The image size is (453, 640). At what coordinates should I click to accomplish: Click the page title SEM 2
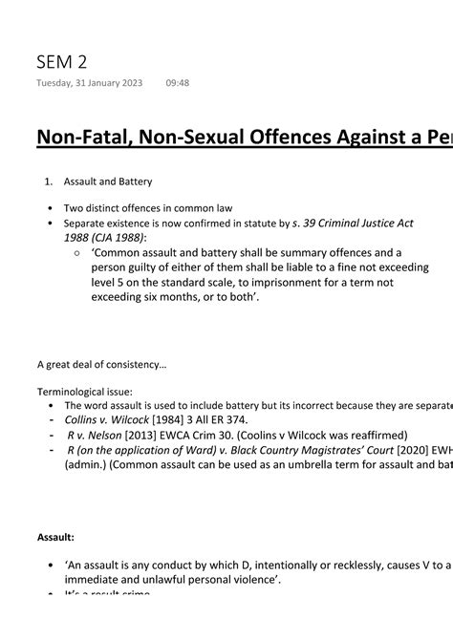pyautogui.click(x=61, y=63)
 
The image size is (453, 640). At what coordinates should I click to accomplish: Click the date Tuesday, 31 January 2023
pyautogui.click(x=90, y=83)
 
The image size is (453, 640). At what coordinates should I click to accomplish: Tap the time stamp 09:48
pyautogui.click(x=177, y=83)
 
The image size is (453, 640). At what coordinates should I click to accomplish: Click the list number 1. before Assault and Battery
pyautogui.click(x=51, y=181)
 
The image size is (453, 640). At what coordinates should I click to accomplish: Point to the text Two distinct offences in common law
pyautogui.click(x=148, y=208)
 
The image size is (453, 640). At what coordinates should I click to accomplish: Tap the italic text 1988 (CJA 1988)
pyautogui.click(x=105, y=238)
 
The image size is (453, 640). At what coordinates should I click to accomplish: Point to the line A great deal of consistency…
pyautogui.click(x=101, y=364)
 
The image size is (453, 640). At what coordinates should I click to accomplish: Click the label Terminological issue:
pyautogui.click(x=85, y=392)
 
